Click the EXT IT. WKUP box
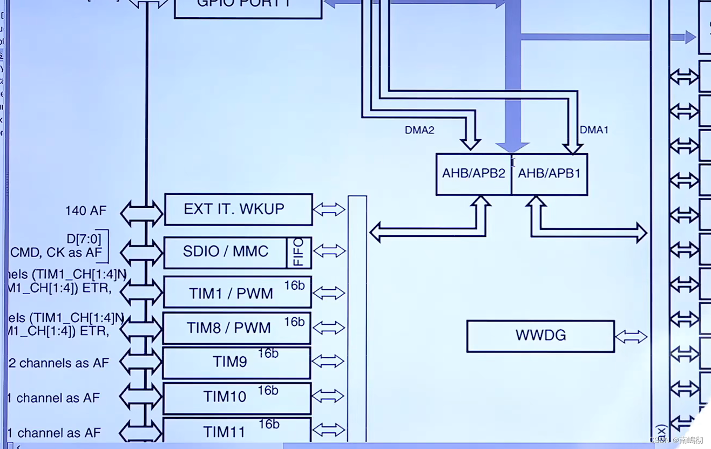[x=238, y=209]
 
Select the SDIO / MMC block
[x=225, y=252]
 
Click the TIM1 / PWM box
[x=237, y=293]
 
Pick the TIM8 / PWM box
[x=236, y=328]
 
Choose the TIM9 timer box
[x=236, y=363]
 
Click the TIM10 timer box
[x=236, y=398]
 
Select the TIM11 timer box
[x=236, y=431]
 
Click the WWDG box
[x=540, y=336]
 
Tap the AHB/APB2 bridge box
[x=473, y=174]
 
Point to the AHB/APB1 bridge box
[x=549, y=174]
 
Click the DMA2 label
[x=419, y=130]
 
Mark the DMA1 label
[x=594, y=130]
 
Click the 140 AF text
[x=86, y=211]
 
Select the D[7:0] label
[x=84, y=239]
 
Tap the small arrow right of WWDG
[x=631, y=337]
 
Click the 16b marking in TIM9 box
[x=268, y=354]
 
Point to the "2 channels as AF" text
[x=64, y=364]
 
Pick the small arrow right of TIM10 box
[x=328, y=397]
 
